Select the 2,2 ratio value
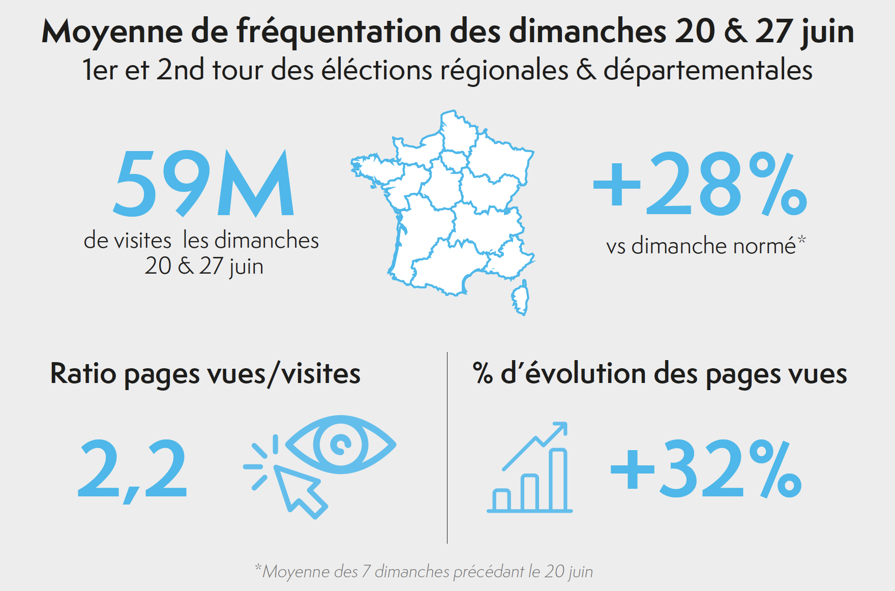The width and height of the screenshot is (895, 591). pyautogui.click(x=132, y=469)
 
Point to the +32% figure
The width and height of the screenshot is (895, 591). pyautogui.click(x=706, y=469)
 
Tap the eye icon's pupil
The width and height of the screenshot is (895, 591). pyautogui.click(x=340, y=445)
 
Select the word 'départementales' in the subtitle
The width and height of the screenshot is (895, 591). pyautogui.click(x=708, y=70)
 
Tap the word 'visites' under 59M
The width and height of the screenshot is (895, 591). pyautogui.click(x=142, y=241)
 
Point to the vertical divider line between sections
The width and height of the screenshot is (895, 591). pyautogui.click(x=447, y=448)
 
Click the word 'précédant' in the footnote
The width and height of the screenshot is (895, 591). pyautogui.click(x=488, y=572)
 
